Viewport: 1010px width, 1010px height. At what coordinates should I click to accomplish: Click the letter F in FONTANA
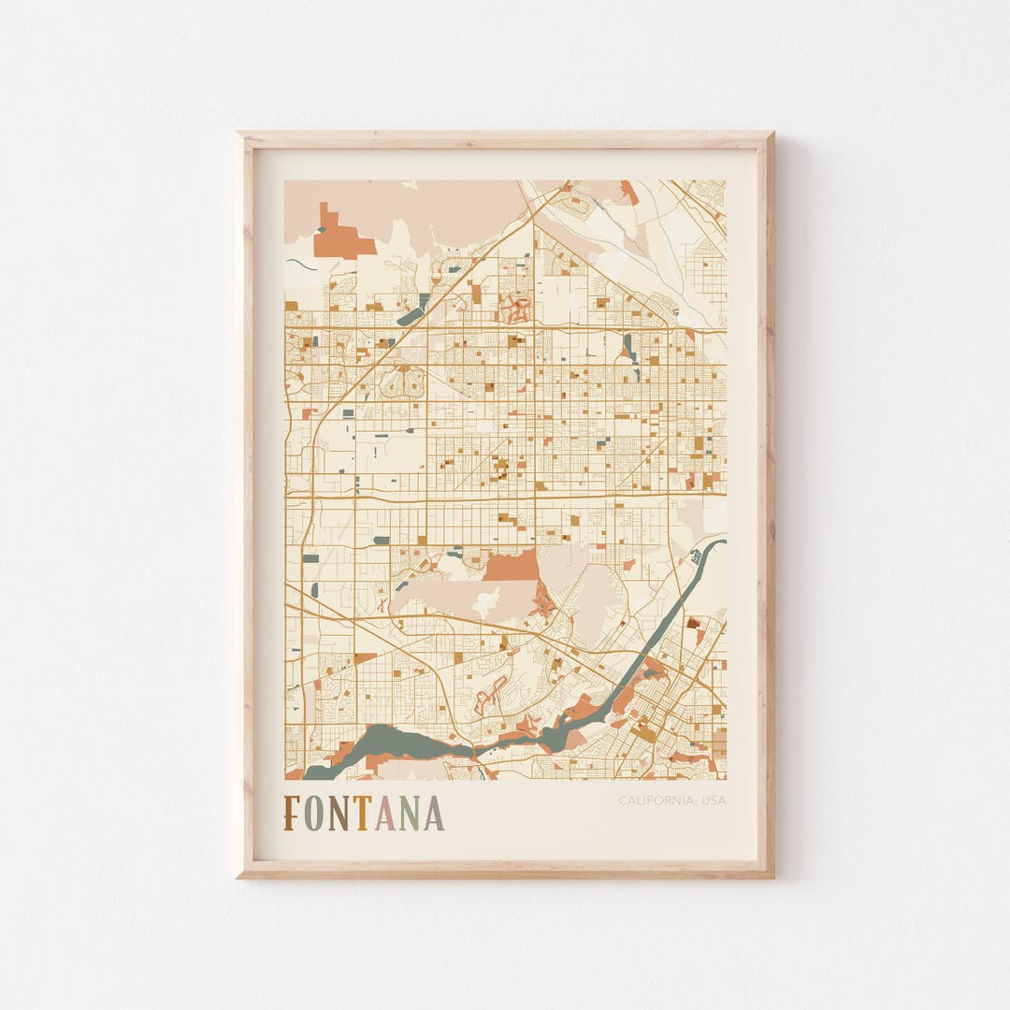point(293,814)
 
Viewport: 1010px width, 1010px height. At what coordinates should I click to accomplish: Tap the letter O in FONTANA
point(313,814)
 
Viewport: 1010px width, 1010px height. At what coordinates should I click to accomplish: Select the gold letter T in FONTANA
point(361,814)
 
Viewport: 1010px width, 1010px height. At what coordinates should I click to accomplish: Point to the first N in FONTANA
point(338,814)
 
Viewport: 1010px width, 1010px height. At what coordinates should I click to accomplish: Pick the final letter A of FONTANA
point(433,814)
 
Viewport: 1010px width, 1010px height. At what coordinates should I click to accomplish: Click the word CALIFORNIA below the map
point(654,801)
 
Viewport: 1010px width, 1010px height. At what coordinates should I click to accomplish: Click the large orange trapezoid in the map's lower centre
point(512,567)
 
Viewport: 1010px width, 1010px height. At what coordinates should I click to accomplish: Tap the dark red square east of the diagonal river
point(693,623)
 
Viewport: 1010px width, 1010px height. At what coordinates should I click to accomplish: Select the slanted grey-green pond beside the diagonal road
point(413,310)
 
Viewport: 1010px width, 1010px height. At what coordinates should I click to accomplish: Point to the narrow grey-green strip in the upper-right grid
point(628,347)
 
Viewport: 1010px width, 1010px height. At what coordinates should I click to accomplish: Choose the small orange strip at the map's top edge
point(629,192)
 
